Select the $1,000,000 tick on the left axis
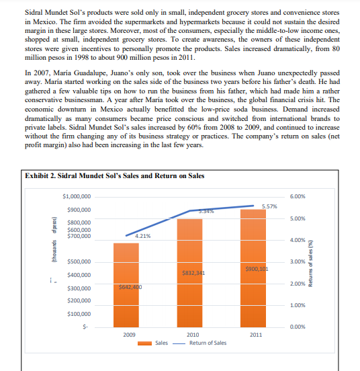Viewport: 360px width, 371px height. pos(77,196)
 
